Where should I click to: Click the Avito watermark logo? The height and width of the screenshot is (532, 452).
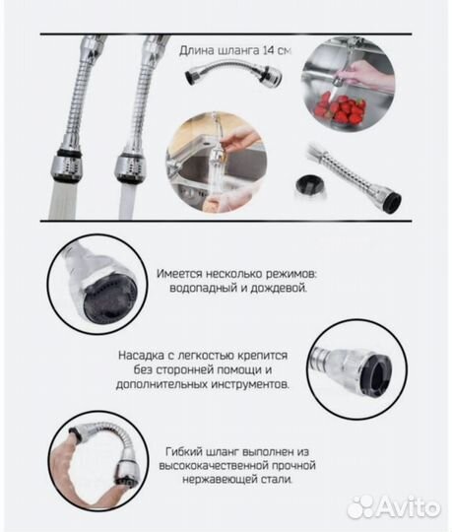[x=393, y=506]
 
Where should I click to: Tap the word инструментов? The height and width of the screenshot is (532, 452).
[x=250, y=385]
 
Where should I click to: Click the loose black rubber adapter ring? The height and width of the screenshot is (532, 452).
[x=310, y=185]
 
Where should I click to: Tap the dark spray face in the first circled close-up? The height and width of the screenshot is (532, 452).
[x=110, y=299]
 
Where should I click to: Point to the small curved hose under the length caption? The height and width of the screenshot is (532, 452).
[x=233, y=73]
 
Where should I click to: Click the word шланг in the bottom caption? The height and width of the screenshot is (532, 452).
[x=223, y=452]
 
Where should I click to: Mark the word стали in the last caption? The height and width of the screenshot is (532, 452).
[x=277, y=480]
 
